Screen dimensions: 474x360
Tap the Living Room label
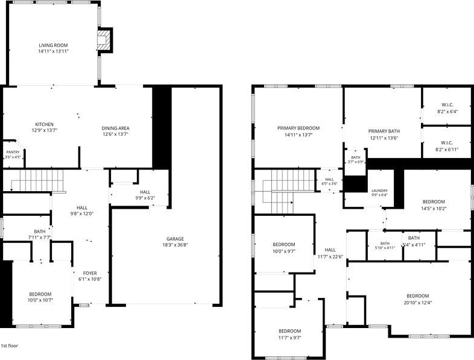click(x=53, y=45)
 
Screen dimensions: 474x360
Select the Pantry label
click(x=13, y=152)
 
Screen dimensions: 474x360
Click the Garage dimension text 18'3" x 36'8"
click(x=175, y=245)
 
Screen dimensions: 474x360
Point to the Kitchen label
click(x=45, y=124)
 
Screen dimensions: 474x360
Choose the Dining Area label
click(x=115, y=128)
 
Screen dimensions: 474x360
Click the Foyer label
click(x=90, y=273)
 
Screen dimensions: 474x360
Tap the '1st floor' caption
click(x=10, y=346)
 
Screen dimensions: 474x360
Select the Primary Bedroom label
click(x=299, y=128)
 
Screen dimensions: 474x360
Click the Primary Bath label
click(x=384, y=131)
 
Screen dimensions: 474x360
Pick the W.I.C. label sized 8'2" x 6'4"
click(x=447, y=105)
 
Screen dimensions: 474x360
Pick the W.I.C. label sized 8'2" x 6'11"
click(x=447, y=143)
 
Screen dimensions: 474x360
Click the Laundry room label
click(x=379, y=191)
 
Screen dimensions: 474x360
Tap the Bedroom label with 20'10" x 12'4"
click(x=418, y=296)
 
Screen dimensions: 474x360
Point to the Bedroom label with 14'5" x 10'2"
click(x=434, y=201)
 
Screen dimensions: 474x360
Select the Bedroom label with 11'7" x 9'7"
click(x=289, y=331)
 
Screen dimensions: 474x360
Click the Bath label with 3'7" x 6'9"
click(x=356, y=157)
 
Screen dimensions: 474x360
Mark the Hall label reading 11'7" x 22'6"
click(x=330, y=250)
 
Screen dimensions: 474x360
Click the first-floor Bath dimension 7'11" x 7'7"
click(x=40, y=238)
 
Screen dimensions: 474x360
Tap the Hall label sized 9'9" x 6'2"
click(x=145, y=192)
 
